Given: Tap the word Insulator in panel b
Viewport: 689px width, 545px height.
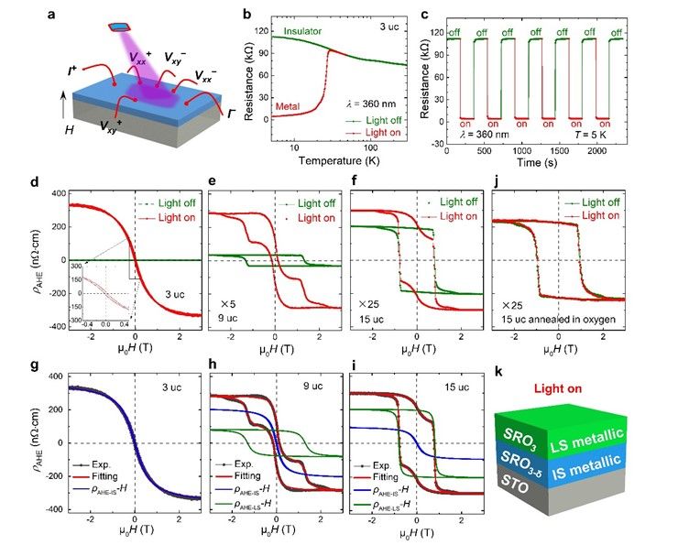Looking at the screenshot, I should point(306,31).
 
